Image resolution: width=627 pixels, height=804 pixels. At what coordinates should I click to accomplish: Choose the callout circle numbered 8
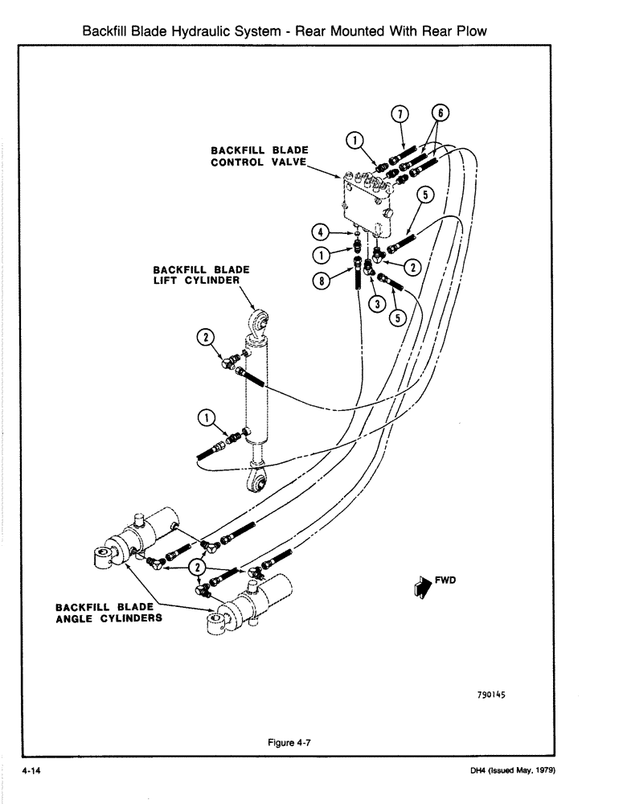point(322,281)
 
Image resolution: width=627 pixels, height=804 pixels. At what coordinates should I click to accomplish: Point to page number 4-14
point(31,770)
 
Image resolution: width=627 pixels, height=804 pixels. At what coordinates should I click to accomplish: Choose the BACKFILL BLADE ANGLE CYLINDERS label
point(109,613)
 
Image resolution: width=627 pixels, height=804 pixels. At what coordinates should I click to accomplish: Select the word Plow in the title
point(472,31)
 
